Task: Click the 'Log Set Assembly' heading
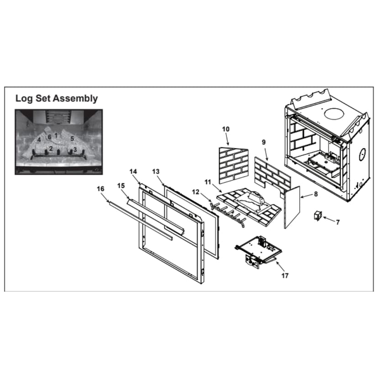coord(56,98)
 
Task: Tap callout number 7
coord(337,222)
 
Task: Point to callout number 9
coord(263,142)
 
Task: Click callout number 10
coord(226,129)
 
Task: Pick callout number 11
coord(208,182)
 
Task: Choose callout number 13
coord(156,171)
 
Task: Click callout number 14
coord(133,171)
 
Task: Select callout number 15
coord(121,186)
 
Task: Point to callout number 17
coord(285,276)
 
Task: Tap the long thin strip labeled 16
coord(139,219)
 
